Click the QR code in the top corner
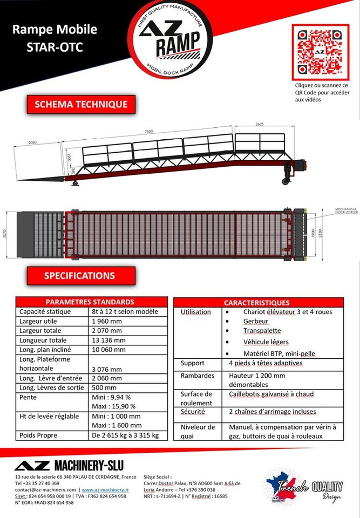click(320, 52)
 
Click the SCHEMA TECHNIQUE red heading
click(81, 104)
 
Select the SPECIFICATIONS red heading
click(79, 276)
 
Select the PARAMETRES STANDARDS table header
click(90, 302)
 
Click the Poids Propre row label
click(38, 435)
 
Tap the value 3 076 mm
click(108, 369)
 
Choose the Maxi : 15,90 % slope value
click(114, 406)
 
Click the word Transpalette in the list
click(262, 330)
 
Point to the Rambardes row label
click(198, 376)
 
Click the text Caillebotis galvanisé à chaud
click(271, 394)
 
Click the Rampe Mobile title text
click(55, 29)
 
